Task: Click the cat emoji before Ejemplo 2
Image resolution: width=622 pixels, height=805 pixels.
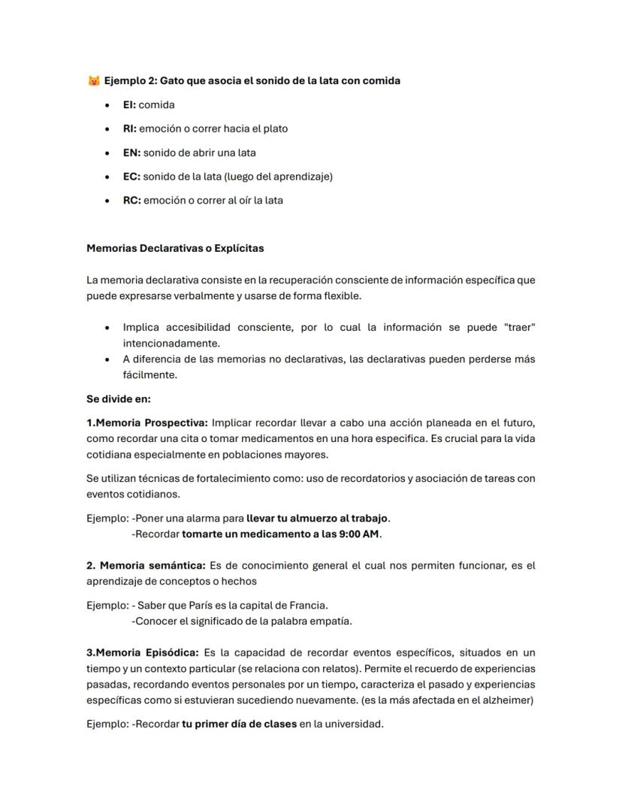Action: coord(94,80)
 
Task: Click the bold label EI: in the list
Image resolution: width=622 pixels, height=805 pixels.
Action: coord(129,104)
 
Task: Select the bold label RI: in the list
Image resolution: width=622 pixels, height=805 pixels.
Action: coord(130,129)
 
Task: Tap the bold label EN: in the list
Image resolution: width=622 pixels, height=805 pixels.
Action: coord(131,153)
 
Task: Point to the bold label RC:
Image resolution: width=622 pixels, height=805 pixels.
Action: coord(131,201)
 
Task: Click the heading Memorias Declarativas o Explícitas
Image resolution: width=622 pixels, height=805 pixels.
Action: coord(175,247)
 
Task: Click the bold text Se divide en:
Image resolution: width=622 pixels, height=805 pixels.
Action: coord(119,399)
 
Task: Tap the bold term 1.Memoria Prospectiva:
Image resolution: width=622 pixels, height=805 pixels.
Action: coord(146,422)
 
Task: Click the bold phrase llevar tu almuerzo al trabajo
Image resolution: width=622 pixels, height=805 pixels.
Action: coord(318,518)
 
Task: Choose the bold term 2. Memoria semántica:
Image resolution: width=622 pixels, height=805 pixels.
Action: coord(146,565)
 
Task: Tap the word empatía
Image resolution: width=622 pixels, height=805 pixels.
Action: coord(331,621)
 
